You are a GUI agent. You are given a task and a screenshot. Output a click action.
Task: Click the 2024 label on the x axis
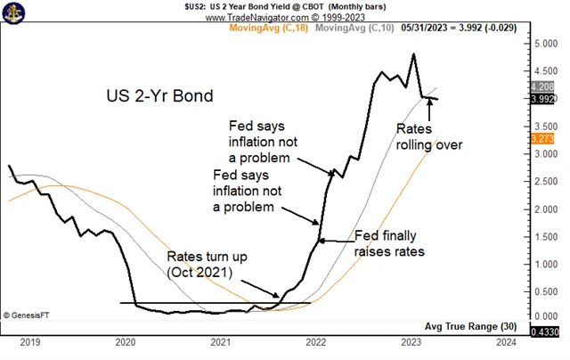[505, 340]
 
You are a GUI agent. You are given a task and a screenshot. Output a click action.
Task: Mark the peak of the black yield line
[413, 54]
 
